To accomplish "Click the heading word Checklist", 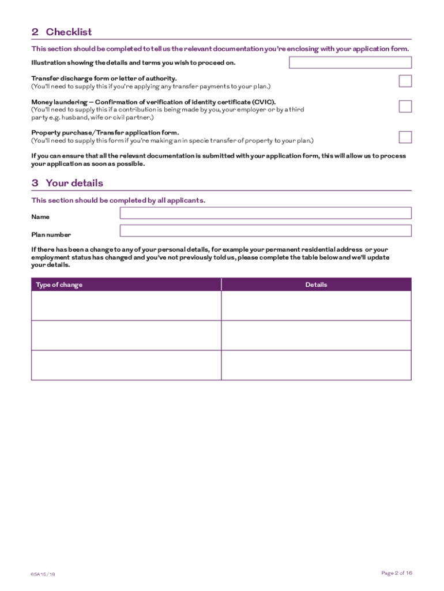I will coord(69,32).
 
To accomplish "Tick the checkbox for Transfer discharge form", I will coord(405,81).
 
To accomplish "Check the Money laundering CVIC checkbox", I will coord(405,106).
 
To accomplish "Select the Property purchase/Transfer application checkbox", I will coord(405,137).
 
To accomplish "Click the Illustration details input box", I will coord(350,63).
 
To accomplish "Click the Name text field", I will coord(265,213).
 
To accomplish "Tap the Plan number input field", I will coord(265,231).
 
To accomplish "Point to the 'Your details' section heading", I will coord(74,183).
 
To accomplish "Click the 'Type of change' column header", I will coord(59,285).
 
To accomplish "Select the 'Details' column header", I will coord(316,285).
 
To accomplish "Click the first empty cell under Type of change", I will coord(126,305).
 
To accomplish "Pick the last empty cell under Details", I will coord(316,365).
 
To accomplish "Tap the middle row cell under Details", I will coord(316,335).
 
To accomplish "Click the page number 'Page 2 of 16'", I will coord(396,573).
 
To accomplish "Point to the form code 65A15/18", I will coord(43,574).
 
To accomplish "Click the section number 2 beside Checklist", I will coord(35,32).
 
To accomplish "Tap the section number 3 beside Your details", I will coord(35,183).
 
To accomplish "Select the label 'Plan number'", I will coord(51,235).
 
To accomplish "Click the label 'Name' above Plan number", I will coord(40,217).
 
